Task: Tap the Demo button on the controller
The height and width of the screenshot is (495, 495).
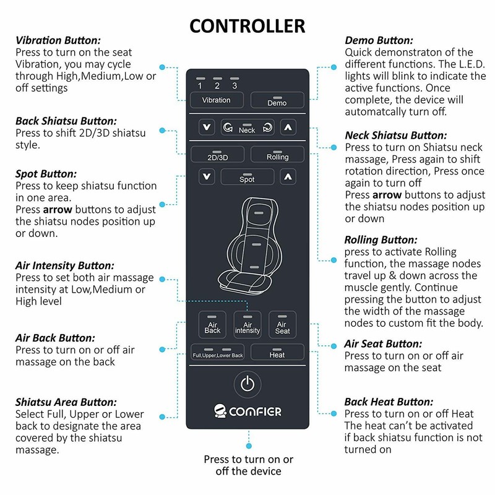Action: tap(277, 100)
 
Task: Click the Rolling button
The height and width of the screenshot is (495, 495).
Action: tap(277, 154)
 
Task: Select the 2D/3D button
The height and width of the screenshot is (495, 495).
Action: tap(217, 154)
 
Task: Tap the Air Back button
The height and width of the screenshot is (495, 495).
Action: tap(212, 325)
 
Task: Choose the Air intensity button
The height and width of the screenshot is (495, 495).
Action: tap(247, 325)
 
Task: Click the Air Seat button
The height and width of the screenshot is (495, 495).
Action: tap(282, 325)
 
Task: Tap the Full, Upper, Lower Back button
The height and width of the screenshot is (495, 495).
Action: tap(217, 352)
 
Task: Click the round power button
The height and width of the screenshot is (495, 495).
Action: tap(247, 384)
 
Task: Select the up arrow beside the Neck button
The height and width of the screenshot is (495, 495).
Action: tap(288, 127)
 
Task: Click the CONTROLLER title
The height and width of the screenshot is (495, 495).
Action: tap(247, 26)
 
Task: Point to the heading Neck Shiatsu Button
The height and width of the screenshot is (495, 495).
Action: tap(396, 136)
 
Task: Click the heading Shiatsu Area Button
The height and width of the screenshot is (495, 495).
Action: tap(66, 402)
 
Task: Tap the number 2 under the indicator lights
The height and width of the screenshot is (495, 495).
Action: tap(217, 85)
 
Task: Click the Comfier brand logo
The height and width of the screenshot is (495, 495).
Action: tap(247, 411)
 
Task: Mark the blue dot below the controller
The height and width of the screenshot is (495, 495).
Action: tap(249, 446)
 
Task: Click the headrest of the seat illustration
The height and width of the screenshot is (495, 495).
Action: tap(259, 212)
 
